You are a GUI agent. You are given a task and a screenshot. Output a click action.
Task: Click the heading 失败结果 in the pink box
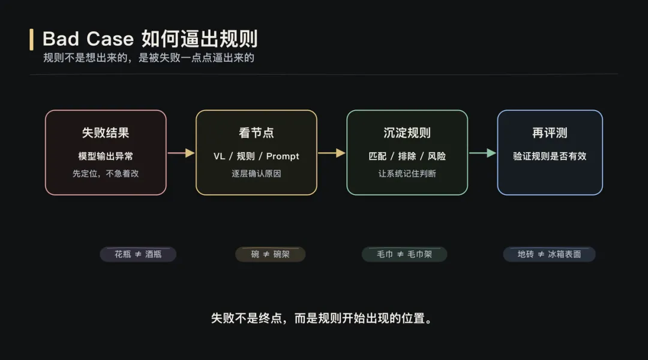tap(106, 133)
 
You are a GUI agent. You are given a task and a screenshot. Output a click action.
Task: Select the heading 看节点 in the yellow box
tap(256, 133)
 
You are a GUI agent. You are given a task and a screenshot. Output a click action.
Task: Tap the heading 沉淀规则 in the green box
tap(407, 133)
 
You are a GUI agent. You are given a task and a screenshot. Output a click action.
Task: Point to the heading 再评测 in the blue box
tap(550, 133)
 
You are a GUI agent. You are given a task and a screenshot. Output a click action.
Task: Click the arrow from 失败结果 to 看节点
tap(181, 153)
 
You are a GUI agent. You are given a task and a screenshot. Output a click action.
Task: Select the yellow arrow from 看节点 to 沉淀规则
tap(331, 153)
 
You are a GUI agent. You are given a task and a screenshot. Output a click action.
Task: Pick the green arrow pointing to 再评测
tap(482, 153)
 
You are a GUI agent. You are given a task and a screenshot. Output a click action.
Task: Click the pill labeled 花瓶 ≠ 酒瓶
tap(138, 254)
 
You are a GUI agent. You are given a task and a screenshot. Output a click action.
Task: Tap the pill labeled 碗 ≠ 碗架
tap(270, 254)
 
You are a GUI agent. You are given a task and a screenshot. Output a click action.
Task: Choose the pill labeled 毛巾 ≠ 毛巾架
tap(404, 254)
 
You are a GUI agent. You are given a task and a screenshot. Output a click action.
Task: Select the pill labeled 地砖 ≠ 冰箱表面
tap(549, 254)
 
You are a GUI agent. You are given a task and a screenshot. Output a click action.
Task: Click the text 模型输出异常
tap(106, 157)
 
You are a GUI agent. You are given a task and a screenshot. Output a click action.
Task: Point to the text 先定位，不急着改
tap(106, 173)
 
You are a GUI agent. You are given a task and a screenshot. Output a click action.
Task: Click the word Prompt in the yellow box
tap(283, 157)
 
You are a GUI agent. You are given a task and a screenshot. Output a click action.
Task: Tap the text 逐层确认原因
tap(256, 173)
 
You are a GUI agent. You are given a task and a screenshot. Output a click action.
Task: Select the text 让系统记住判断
tap(407, 173)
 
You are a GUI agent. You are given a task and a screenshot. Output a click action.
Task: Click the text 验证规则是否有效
tap(550, 157)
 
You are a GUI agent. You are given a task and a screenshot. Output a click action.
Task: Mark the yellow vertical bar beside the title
tap(32, 39)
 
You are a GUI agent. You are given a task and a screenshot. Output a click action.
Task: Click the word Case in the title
tap(110, 39)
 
